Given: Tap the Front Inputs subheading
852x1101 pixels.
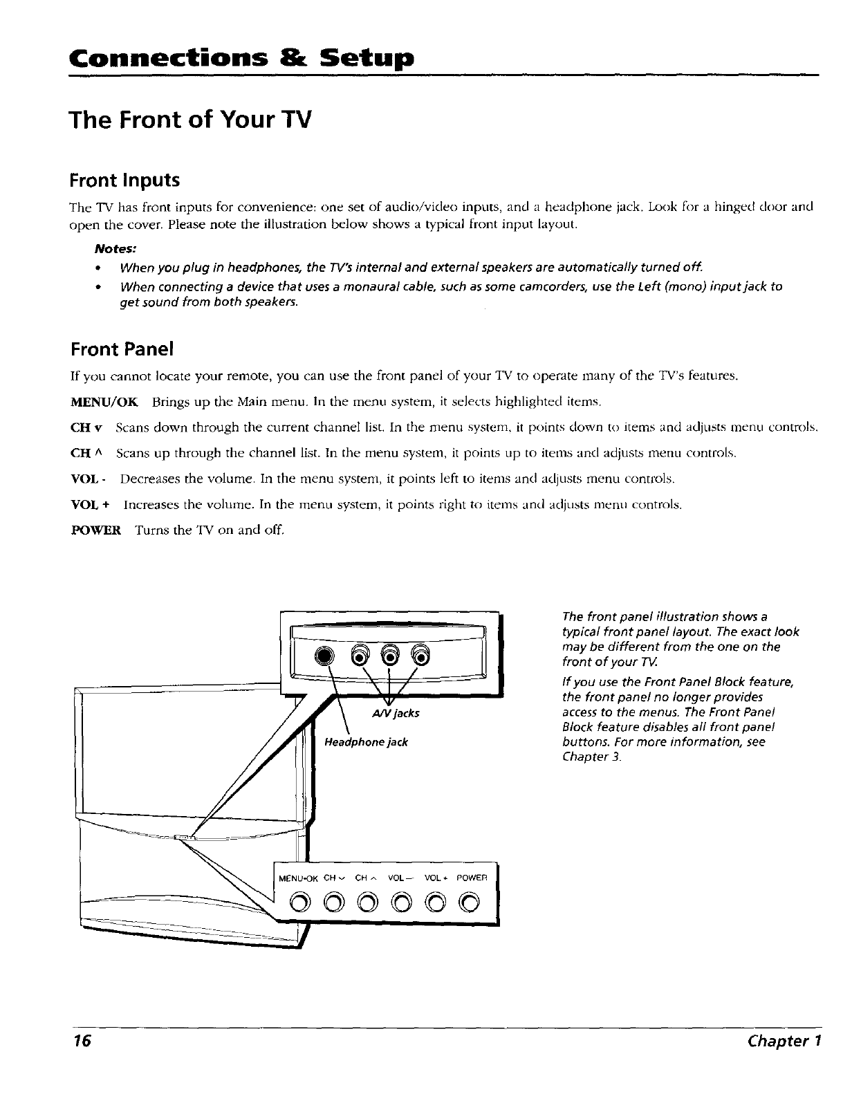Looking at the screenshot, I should [124, 181].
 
